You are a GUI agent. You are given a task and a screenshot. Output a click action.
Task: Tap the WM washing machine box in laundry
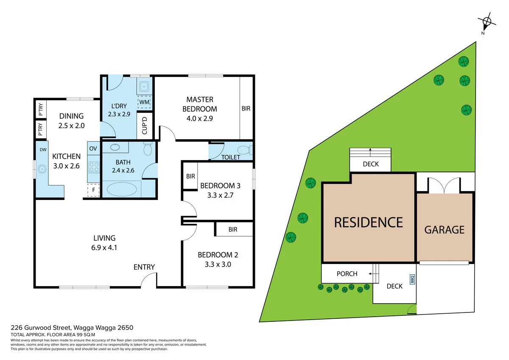145,102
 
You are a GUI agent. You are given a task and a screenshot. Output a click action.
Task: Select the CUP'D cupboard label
145,125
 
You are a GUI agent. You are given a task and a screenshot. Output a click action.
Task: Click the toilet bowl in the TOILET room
244,150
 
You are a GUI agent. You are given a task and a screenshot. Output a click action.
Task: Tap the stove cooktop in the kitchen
93,167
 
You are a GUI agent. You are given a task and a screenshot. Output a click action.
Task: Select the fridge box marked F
93,190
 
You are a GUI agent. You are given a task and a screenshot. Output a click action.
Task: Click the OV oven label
93,148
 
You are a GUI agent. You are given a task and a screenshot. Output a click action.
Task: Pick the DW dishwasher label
43,149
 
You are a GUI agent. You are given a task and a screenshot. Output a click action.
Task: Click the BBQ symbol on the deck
411,279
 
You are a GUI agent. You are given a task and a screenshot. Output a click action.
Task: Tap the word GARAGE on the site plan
444,230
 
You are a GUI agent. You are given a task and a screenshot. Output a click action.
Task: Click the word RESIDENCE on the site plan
368,222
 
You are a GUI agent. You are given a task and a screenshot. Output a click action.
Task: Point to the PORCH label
347,274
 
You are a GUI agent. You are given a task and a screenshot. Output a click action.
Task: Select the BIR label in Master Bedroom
246,109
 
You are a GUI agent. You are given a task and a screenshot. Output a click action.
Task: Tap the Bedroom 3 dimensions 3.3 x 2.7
220,195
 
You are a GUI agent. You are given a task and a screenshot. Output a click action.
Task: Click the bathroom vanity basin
115,148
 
